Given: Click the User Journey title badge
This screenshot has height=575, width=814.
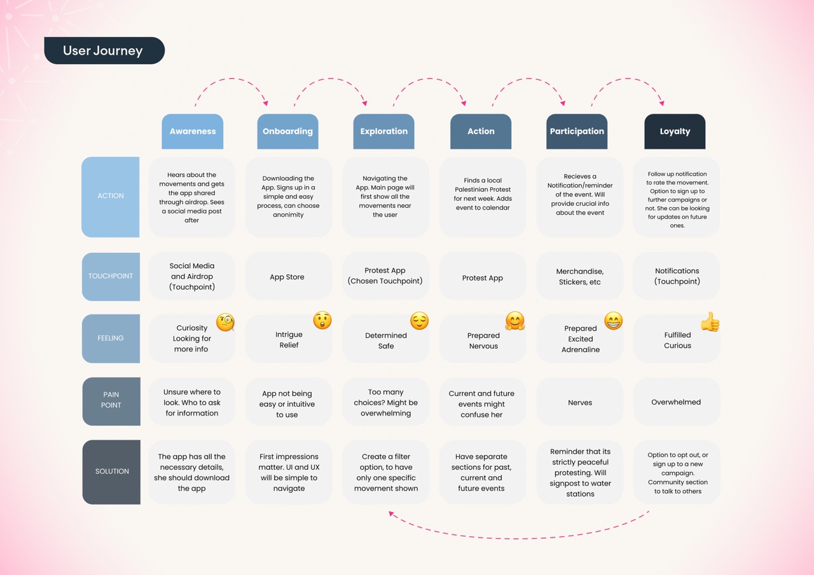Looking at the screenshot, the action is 104,50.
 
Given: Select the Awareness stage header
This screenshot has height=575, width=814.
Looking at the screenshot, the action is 192,132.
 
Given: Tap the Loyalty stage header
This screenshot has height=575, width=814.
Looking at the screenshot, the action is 675,132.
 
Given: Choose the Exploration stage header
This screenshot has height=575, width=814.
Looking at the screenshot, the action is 383,132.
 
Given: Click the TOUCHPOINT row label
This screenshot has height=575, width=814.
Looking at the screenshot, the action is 111,276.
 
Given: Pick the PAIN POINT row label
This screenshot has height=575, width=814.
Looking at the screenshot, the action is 111,401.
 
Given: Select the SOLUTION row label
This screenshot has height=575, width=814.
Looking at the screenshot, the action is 111,472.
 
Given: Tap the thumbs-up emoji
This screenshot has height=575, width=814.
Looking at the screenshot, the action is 710,322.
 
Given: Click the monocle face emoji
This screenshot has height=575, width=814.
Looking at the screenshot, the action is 225,322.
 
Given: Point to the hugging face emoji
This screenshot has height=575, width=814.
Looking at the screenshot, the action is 515,321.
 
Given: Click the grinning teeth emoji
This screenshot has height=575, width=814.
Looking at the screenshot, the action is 614,321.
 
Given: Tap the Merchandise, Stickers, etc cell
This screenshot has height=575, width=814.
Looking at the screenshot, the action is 580,276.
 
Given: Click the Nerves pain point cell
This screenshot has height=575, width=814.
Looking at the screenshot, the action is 580,402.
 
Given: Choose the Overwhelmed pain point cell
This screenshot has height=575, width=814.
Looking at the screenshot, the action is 677,402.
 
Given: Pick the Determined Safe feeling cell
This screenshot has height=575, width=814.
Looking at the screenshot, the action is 385,339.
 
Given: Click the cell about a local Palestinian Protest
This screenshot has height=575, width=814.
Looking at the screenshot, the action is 483,197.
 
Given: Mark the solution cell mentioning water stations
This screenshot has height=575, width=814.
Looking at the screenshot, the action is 580,472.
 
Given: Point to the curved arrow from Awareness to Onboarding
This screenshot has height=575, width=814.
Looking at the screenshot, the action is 231,78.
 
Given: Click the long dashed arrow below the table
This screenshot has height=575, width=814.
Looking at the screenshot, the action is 519,538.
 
